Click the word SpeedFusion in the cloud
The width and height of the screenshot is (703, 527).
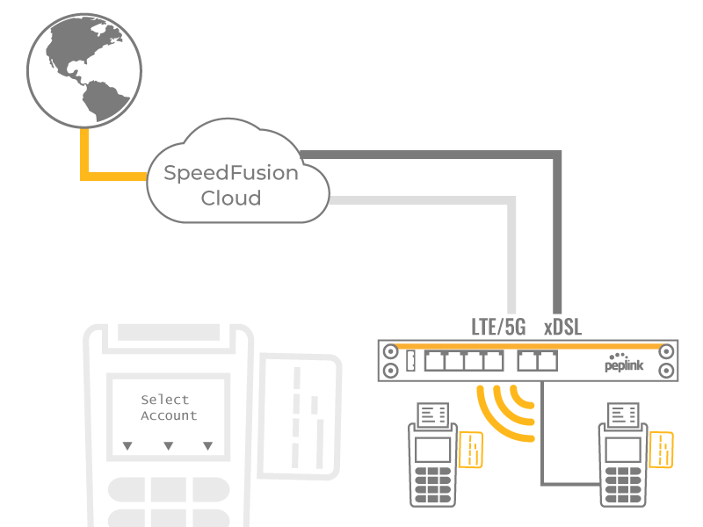[x=231, y=173]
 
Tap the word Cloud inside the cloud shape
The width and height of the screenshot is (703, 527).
[x=231, y=199]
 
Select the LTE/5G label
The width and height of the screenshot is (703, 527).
[x=498, y=328]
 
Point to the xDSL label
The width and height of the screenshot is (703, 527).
[x=562, y=328]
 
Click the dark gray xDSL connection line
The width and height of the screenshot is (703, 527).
[x=555, y=228]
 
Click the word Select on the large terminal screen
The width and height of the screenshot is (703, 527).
[x=165, y=401]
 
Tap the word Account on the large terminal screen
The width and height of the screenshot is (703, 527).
[x=169, y=416]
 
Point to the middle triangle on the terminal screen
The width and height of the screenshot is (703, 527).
[x=168, y=446]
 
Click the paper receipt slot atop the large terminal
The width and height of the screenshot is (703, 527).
[x=169, y=334]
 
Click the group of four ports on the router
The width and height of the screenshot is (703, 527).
[x=464, y=361]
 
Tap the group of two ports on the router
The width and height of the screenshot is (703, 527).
[x=538, y=361]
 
